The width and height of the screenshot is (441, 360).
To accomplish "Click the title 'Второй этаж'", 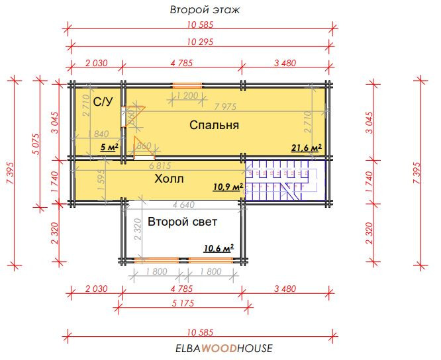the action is tap(205, 10).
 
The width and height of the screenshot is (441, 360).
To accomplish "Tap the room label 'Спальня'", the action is tap(215, 125).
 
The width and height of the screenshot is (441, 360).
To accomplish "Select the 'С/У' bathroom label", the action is tap(103, 102).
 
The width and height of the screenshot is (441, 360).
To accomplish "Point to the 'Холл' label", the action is tap(169, 179).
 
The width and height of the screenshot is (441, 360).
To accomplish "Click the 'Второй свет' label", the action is tap(183, 222).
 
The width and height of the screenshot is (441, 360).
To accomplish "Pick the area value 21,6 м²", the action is tap(307, 148).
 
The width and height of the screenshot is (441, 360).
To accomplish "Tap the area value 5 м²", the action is tap(109, 147).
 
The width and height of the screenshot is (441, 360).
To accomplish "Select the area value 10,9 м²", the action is tap(228, 187).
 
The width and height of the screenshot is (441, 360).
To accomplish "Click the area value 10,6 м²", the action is tap(219, 248).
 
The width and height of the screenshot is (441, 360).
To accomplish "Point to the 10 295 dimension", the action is tap(200, 42).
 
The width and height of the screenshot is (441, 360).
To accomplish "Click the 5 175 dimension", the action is tap(183, 303).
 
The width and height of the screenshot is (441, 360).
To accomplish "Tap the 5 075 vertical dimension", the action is tap(36, 144).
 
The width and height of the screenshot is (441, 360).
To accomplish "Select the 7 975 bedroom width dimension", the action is tap(225, 107).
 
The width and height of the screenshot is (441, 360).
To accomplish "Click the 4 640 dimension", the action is tap(183, 204).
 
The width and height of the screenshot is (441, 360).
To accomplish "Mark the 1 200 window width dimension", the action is tap(187, 96).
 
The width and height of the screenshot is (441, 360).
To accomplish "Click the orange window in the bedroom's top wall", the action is tap(187, 85).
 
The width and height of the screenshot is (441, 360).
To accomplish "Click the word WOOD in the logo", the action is tap(219, 349).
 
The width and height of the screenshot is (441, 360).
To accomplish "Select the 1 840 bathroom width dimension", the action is tap(98, 134).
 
